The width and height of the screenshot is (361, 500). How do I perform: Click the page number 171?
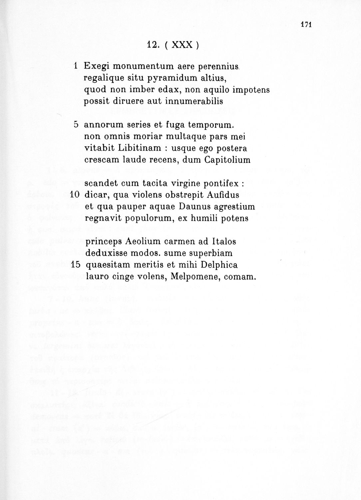(x=305, y=24)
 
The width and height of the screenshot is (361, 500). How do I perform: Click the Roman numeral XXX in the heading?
(x=181, y=45)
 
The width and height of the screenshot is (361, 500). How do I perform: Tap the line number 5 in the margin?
(x=76, y=125)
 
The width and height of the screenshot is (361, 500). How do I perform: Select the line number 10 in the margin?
(x=74, y=195)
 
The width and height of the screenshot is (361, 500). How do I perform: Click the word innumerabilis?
(x=194, y=101)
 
